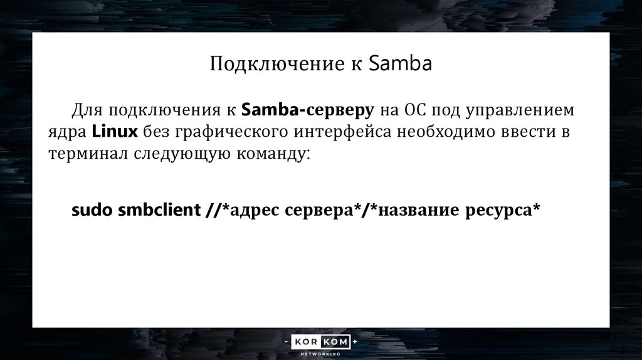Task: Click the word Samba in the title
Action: click(400, 65)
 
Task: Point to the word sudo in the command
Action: click(92, 210)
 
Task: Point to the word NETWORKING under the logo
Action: click(321, 354)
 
